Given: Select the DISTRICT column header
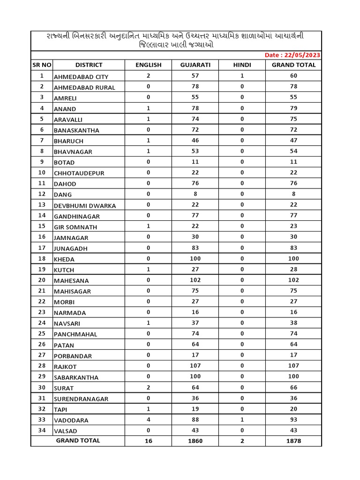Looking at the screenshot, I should pyautogui.click(x=89, y=65).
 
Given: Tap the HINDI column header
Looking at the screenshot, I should pyautogui.click(x=242, y=65).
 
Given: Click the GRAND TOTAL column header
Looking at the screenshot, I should pyautogui.click(x=293, y=65).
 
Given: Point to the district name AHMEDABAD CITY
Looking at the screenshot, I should pyautogui.click(x=81, y=77).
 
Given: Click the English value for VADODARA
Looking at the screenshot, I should pyautogui.click(x=148, y=420).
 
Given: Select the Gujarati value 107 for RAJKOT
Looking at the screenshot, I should pyautogui.click(x=195, y=366).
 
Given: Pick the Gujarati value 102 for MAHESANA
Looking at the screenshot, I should pyautogui.click(x=195, y=280).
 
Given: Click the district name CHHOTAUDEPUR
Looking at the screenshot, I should pyautogui.click(x=79, y=173).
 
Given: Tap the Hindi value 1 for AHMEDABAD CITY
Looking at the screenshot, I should pyautogui.click(x=242, y=76).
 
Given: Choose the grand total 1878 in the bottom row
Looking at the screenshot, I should pyautogui.click(x=293, y=441).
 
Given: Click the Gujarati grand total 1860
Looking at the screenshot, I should pyautogui.click(x=195, y=441).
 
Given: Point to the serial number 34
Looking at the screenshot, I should pyautogui.click(x=42, y=430).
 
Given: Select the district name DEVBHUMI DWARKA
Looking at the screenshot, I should pyautogui.click(x=85, y=206).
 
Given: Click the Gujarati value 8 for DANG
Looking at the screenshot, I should pyautogui.click(x=195, y=194).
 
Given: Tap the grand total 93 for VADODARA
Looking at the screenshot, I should pyautogui.click(x=293, y=420).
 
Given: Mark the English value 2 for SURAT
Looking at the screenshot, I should pyautogui.click(x=148, y=387).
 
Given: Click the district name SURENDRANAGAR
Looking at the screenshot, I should pyautogui.click(x=81, y=399).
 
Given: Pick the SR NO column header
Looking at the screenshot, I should pyautogui.click(x=42, y=65).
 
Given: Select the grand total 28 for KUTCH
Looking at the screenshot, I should pyautogui.click(x=293, y=270).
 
